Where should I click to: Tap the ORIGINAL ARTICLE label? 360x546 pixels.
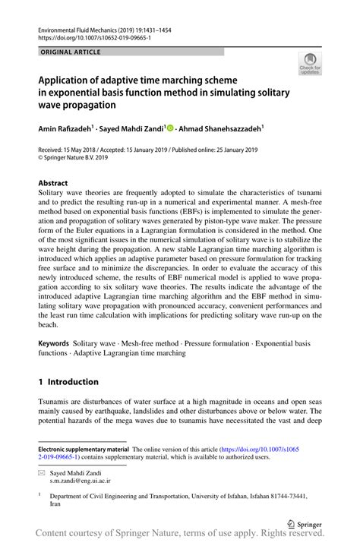(65, 52)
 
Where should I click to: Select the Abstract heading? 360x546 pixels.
(53, 183)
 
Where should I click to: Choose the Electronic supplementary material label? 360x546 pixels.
(84, 449)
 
